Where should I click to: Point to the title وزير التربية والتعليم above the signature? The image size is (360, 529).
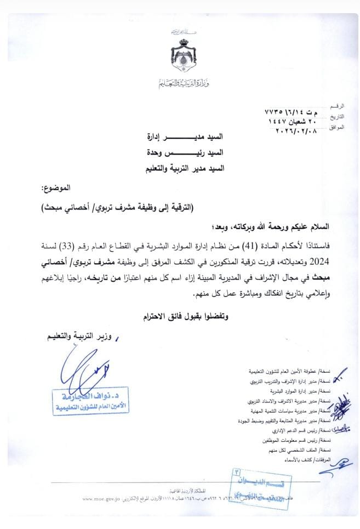click(x=82, y=337)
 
